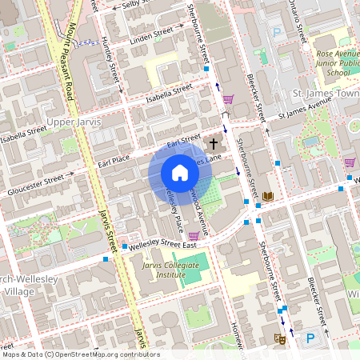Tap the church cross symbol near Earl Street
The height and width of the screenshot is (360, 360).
(x=213, y=144)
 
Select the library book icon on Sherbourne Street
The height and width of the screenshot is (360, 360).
(x=267, y=196)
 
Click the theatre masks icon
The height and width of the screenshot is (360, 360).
(x=280, y=339)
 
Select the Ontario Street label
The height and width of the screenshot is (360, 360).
(x=299, y=24)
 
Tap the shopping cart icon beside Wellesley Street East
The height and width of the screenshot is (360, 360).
(x=194, y=236)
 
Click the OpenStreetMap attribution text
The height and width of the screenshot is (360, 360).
(x=80, y=354)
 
